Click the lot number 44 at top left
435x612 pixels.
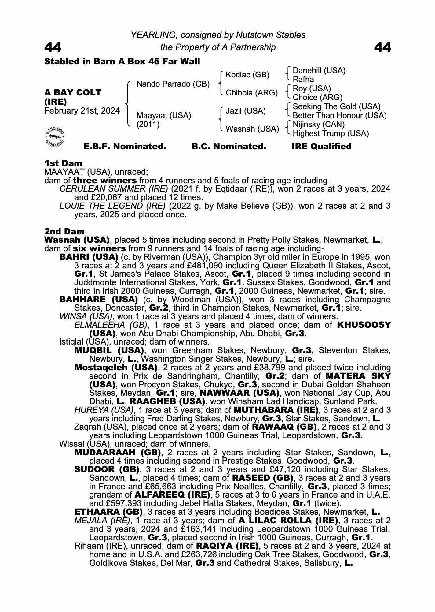(x=53, y=47)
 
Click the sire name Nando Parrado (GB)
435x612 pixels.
(x=173, y=84)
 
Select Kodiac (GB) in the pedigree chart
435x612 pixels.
(x=247, y=75)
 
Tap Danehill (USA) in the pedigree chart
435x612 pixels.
(x=319, y=71)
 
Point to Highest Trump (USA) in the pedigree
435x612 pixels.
(x=331, y=134)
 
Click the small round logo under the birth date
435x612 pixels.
(x=55, y=136)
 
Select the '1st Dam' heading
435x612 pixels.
(x=63, y=163)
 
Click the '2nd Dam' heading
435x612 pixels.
(x=64, y=231)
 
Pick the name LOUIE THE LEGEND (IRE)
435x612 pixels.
(x=112, y=206)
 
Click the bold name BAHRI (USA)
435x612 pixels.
(x=89, y=257)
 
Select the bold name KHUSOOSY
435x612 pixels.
(x=364, y=325)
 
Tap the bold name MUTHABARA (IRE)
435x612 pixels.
(x=276, y=410)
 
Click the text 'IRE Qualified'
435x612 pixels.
(x=321, y=147)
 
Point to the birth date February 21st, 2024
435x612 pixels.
(x=82, y=111)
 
